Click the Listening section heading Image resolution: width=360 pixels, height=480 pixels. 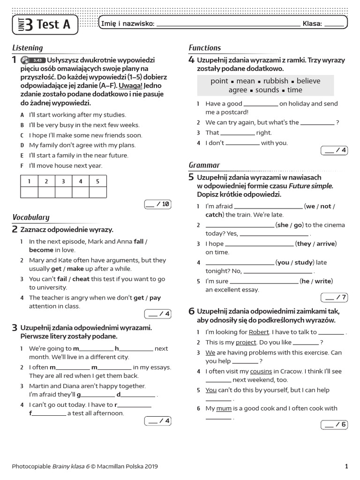pos(27,48)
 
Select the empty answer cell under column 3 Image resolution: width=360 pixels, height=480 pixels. pos(63,192)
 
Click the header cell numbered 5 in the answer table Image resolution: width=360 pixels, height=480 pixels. pos(97,181)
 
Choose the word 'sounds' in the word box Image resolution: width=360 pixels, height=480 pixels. pos(267,90)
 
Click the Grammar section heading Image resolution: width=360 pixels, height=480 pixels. pos(204,165)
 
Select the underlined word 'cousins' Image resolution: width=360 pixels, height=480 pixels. pos(261,371)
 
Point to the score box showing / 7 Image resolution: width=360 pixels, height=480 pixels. pos(334,298)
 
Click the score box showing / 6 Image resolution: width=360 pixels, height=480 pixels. pos(334,425)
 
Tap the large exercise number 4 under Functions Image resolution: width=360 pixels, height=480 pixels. pos(192,60)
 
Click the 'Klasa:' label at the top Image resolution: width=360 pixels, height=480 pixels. pos(312,24)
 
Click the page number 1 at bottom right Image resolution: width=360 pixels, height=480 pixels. pos(346,466)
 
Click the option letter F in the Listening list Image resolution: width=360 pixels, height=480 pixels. pos(22,165)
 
